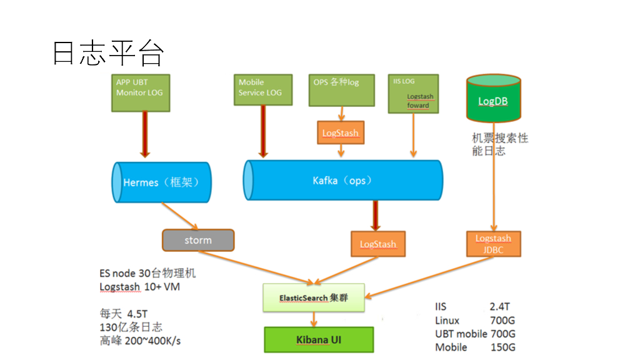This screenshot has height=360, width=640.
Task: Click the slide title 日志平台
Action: click(107, 54)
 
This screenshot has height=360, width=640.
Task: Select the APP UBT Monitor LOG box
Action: click(142, 92)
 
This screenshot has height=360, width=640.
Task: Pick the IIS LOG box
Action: click(412, 94)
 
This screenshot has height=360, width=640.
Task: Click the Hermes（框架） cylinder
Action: click(161, 182)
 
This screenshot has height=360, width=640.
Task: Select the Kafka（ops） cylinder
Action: click(342, 181)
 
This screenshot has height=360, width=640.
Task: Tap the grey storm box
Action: click(198, 240)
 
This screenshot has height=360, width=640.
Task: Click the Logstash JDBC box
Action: click(493, 244)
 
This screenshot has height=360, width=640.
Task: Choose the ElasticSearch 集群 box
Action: click(313, 298)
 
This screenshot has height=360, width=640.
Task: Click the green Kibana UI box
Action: click(318, 340)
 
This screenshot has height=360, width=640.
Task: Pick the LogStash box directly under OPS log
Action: click(341, 133)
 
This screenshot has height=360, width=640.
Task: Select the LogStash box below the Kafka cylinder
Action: click(377, 244)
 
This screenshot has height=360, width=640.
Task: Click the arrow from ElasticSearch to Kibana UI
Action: click(314, 319)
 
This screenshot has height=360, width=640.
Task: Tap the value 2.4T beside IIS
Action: click(499, 307)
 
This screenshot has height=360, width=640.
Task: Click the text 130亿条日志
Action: click(131, 327)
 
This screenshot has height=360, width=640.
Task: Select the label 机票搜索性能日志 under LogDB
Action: click(499, 144)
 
